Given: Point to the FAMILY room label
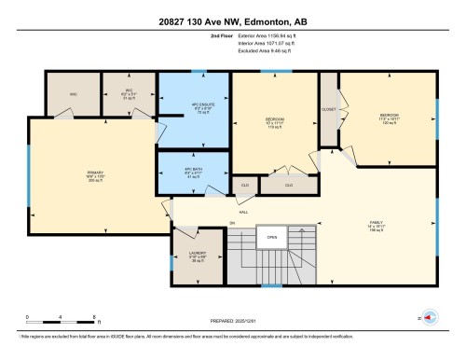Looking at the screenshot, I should coord(377,225).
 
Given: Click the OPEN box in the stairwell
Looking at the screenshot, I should coord(272,237).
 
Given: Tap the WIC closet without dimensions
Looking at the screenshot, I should coord(73,95).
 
